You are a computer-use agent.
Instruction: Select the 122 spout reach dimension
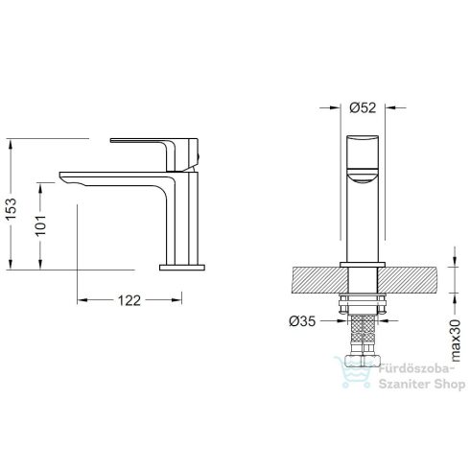[x=127, y=299]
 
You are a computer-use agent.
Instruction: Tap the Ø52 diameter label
[x=362, y=107]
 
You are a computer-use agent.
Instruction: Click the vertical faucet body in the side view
[x=181, y=216]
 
